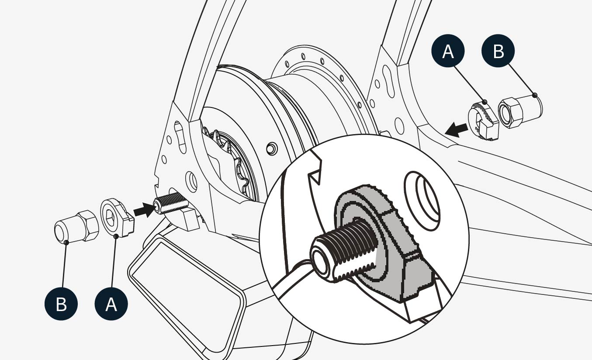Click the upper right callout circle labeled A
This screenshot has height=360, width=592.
(448, 52)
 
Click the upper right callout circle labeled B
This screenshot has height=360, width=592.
(498, 52)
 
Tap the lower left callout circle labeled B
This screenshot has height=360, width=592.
(61, 304)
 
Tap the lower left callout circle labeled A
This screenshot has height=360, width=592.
(111, 304)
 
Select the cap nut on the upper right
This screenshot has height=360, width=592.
(520, 112)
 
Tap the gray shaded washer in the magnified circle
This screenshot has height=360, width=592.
(384, 245)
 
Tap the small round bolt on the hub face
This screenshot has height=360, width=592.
(271, 148)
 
